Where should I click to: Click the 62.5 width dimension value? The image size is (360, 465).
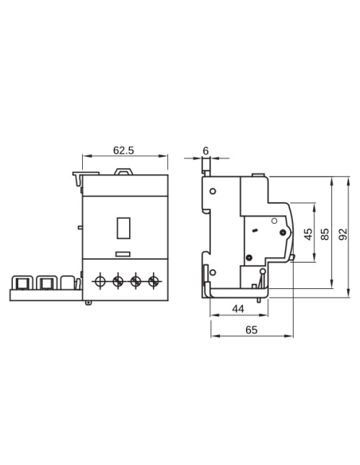tap(123, 149)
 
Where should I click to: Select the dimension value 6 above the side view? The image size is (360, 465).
tap(205, 149)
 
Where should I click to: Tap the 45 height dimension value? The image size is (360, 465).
tap(308, 236)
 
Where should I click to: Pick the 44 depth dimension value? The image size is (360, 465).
tap(237, 308)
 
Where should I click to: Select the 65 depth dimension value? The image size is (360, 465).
tap(252, 328)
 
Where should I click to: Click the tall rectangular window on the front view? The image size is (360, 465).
tap(123, 229)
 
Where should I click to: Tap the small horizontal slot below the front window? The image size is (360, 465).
tap(124, 255)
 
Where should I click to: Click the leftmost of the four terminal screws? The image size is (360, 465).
tap(100, 280)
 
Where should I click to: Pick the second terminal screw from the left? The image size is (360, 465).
tap(118, 280)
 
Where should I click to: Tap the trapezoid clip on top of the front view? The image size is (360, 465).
tap(124, 170)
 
